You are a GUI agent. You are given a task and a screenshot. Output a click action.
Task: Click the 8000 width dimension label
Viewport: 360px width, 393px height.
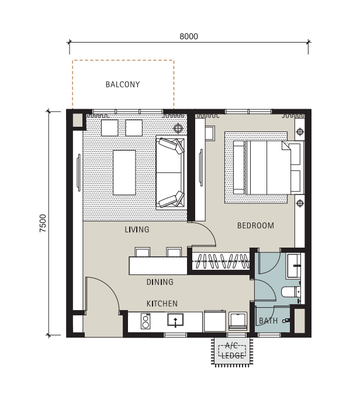[189, 37]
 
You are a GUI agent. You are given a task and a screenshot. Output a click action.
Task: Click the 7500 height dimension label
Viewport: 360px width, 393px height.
[43, 223]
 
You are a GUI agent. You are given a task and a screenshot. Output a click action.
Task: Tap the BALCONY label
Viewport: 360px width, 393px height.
[123, 85]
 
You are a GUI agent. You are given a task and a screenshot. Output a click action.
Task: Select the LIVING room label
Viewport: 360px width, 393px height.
[137, 229]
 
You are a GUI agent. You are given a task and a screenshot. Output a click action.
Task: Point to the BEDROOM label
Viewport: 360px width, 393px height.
[255, 225]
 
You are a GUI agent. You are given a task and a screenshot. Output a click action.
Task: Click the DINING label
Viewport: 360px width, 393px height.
[160, 282]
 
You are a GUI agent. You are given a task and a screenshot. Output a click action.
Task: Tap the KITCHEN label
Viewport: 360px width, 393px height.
[162, 304]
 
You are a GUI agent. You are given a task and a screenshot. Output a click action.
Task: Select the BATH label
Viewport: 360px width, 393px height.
[268, 321]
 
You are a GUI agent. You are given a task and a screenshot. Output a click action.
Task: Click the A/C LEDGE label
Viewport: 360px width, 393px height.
[232, 350]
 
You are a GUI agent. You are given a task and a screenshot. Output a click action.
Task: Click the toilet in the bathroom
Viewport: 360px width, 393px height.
[291, 292]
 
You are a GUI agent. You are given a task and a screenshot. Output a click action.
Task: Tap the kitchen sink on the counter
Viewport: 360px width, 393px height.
[175, 320]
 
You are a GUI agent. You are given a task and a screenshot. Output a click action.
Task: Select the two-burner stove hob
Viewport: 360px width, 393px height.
[146, 321]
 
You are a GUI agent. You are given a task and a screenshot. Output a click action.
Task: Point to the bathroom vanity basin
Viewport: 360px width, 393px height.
[294, 266]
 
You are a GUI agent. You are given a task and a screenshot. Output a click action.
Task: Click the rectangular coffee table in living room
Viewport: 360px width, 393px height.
[124, 172]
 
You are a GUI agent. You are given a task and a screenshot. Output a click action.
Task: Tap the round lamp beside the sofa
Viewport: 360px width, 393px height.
[178, 128]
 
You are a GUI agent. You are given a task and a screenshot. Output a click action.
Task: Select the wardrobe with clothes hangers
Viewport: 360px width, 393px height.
[221, 261]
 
